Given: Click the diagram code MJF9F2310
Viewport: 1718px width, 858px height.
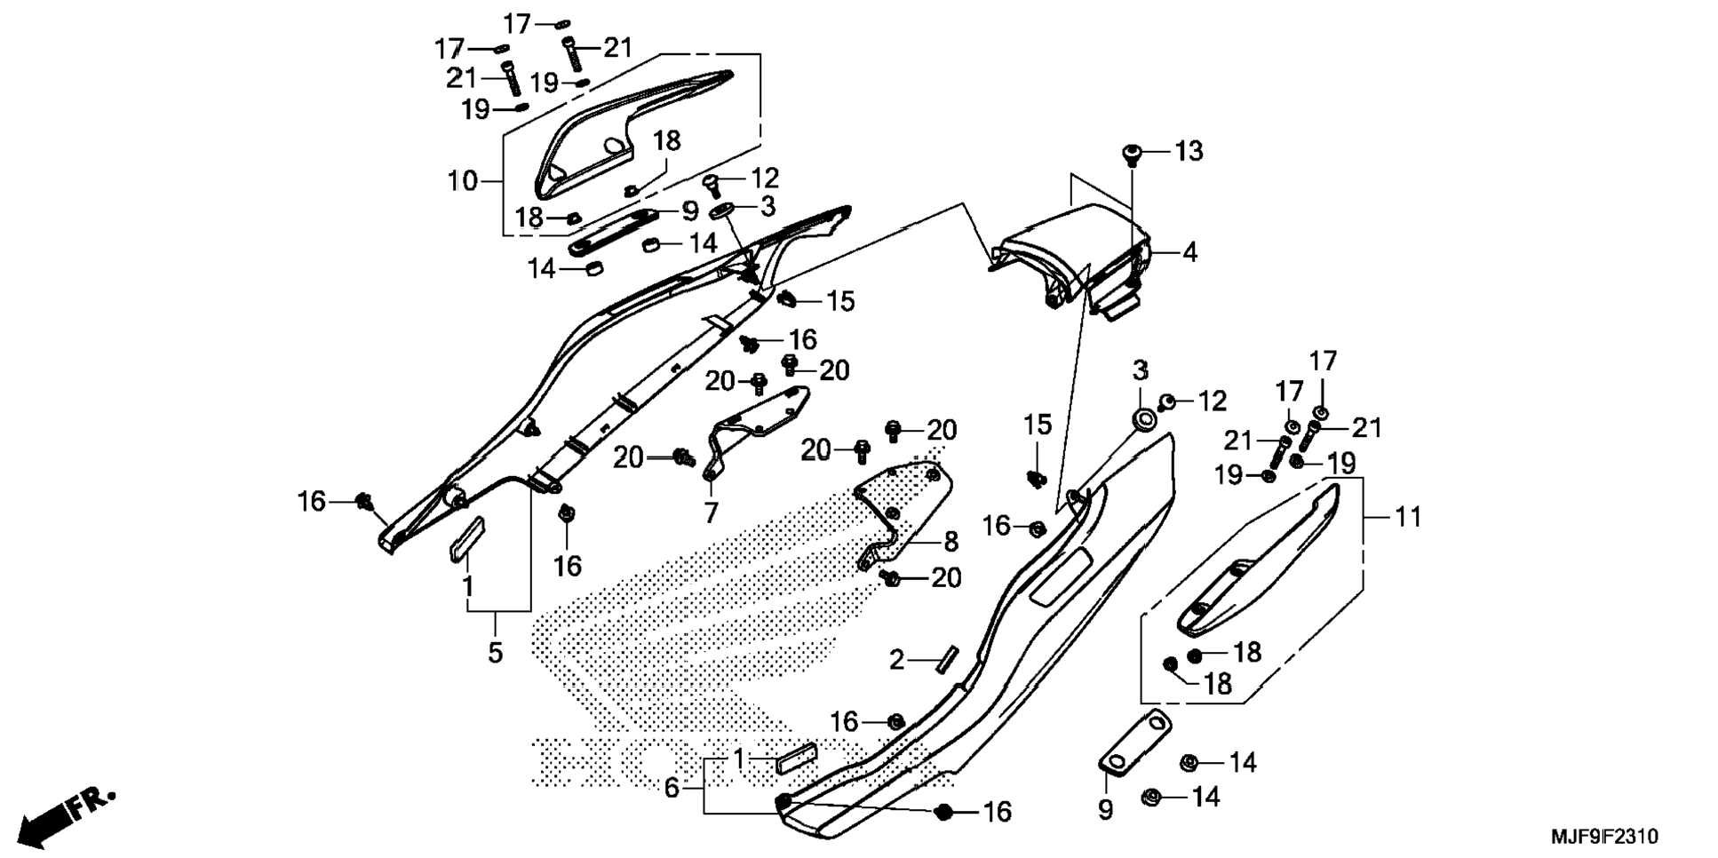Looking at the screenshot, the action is (1604, 837).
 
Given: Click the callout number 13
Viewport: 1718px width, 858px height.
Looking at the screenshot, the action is (1189, 152).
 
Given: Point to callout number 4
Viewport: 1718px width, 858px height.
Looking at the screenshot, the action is (1190, 253).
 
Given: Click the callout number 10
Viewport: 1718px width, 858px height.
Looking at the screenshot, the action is (463, 181).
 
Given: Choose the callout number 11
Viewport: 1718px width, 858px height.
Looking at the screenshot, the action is (1409, 516).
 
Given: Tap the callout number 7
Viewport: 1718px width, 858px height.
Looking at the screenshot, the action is (711, 512).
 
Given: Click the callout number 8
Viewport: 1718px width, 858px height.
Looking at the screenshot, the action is (950, 541).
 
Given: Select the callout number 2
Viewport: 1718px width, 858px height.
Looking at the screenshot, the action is (897, 660).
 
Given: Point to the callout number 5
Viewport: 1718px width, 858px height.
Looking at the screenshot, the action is (495, 653).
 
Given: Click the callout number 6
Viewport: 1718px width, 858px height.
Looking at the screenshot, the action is (672, 787).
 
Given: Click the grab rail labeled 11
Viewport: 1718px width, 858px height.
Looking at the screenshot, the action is (1259, 559).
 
